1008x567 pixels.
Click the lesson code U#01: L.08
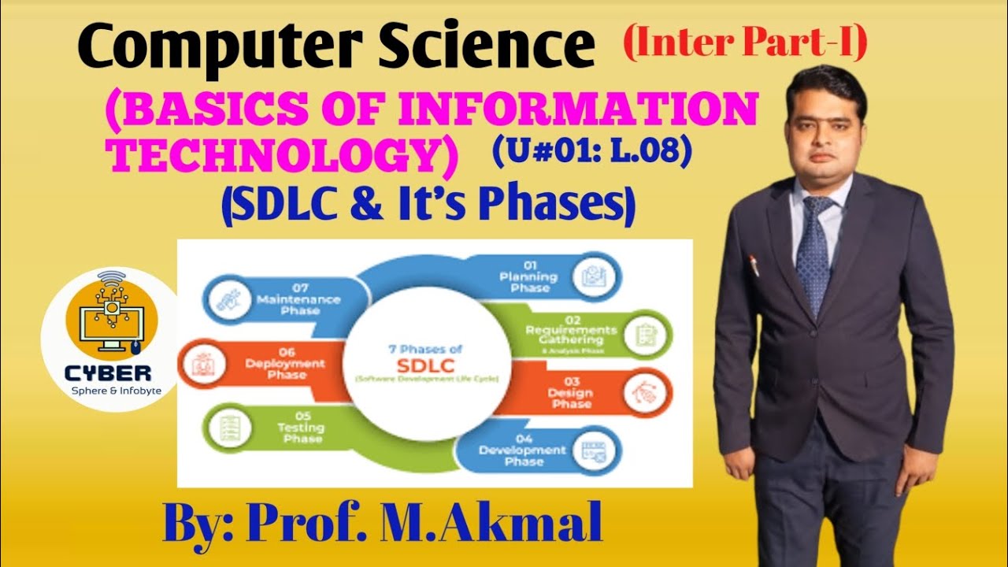point(591,151)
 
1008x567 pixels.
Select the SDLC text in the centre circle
point(424,365)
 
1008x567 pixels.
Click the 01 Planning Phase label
point(528,276)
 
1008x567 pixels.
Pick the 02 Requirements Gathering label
point(571,335)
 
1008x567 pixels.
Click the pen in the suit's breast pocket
point(754,264)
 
